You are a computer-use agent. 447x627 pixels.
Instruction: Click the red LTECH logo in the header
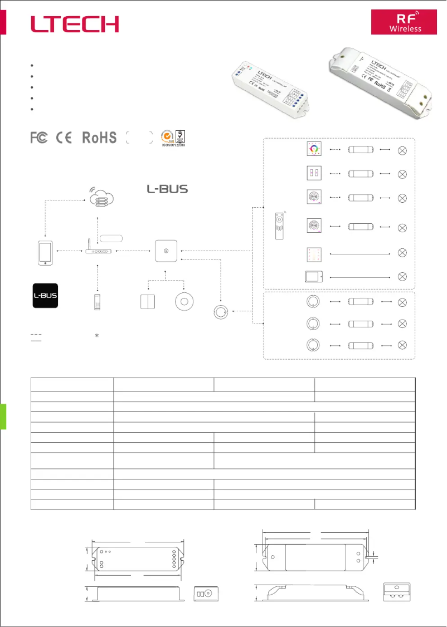[75, 24]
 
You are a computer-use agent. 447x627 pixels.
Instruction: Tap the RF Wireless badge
[405, 22]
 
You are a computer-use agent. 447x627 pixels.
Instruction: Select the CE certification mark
[65, 138]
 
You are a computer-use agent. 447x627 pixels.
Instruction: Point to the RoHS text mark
[99, 138]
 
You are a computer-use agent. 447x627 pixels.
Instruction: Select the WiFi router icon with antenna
[98, 249]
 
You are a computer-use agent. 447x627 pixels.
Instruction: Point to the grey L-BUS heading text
[167, 189]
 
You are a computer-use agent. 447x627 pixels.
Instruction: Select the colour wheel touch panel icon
[314, 150]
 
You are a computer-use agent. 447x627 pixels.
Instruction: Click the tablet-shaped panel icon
[314, 277]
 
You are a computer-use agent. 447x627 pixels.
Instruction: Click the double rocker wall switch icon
[148, 301]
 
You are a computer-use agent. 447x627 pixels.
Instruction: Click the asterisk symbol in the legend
[97, 336]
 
